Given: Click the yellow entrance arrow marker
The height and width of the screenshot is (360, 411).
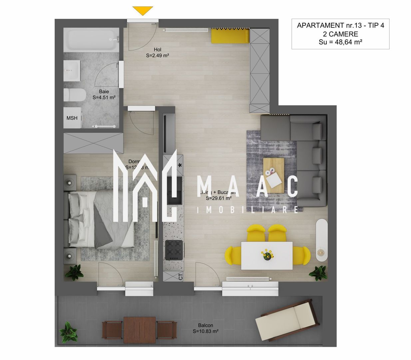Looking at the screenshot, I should (x=143, y=11).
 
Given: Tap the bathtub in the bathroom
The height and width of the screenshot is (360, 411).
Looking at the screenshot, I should (x=91, y=40).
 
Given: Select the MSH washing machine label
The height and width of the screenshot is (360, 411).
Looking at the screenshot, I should (x=72, y=118).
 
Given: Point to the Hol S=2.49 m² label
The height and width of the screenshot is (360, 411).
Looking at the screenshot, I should (x=158, y=53).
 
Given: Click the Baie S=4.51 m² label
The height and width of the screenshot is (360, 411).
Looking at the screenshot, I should (x=104, y=95).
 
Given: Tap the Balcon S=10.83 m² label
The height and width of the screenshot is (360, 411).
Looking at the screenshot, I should (x=205, y=328).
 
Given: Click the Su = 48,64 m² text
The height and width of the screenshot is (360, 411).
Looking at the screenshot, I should (x=340, y=42).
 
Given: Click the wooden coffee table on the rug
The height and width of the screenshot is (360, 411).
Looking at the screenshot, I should (x=273, y=175).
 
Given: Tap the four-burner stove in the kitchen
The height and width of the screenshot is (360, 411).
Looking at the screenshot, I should (x=174, y=250).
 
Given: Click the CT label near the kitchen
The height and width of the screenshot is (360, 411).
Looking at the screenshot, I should (x=181, y=276).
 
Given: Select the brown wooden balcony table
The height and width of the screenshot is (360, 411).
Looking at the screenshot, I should (x=140, y=330).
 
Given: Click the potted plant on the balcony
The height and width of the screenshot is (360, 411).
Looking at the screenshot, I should (x=68, y=331).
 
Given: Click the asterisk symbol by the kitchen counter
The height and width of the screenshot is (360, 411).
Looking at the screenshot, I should (x=180, y=165).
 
